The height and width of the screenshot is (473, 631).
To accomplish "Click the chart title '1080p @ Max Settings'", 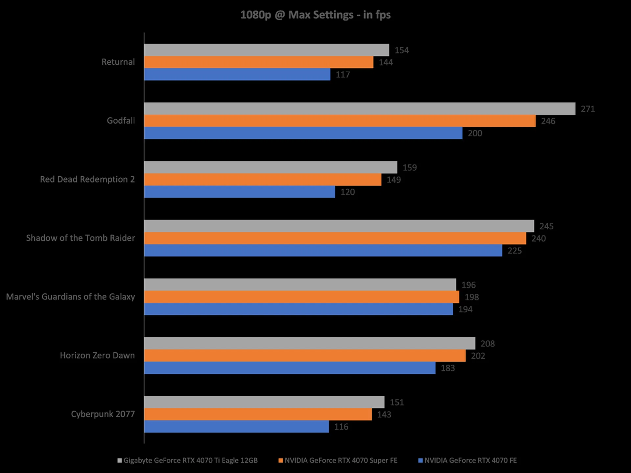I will [315, 15].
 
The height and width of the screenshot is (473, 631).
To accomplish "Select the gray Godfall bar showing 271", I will [360, 109].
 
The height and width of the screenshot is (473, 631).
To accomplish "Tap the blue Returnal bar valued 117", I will [237, 74].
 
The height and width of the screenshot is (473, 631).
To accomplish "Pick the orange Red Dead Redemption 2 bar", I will [263, 180].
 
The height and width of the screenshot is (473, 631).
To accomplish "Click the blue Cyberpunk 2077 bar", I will [236, 426].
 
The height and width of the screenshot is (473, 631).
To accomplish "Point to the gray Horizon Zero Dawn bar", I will [310, 343].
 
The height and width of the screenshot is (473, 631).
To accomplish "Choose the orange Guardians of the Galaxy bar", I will [301, 297].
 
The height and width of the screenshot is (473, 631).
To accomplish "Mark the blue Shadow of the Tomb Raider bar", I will [323, 250].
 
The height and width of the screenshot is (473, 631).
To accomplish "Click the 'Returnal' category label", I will [118, 62].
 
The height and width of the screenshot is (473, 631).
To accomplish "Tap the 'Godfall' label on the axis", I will [121, 121].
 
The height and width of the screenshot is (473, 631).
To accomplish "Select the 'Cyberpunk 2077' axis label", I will [103, 414].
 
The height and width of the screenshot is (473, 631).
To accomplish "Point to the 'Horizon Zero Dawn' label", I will [97, 355].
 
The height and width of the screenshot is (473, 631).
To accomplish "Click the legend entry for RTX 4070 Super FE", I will [341, 461].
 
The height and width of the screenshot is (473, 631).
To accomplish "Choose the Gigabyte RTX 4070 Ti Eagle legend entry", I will [190, 461].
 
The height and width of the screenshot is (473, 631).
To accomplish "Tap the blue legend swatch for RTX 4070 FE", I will [420, 461].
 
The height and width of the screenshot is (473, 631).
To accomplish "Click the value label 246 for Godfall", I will [548, 121].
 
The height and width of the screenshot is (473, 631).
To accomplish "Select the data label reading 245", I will [546, 226].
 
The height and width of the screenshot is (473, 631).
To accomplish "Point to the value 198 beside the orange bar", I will [472, 297].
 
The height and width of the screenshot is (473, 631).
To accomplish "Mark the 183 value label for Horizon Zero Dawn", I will [448, 368].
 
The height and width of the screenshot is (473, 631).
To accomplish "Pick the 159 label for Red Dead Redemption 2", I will [409, 168].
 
